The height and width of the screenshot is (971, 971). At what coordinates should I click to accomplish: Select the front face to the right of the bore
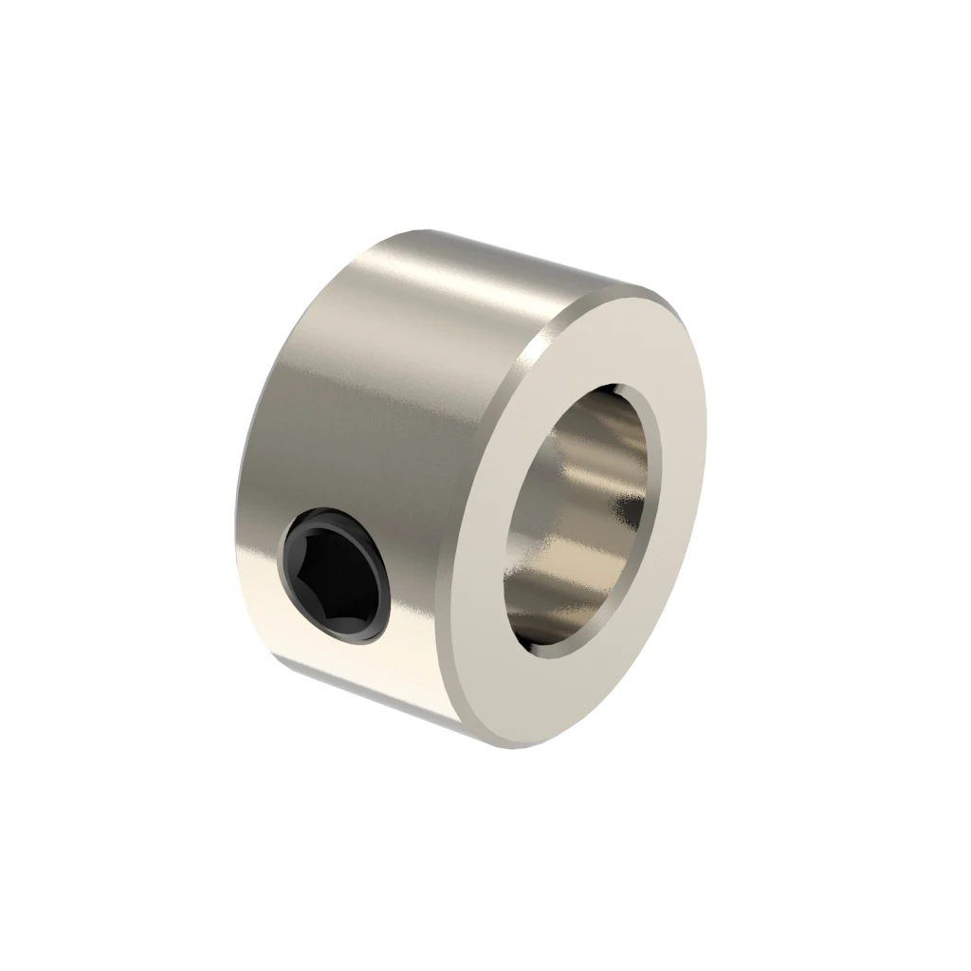(x=683, y=493)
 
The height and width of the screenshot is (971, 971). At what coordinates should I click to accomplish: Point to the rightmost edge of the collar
(x=706, y=455)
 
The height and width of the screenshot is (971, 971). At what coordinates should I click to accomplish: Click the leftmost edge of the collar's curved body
(x=234, y=512)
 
